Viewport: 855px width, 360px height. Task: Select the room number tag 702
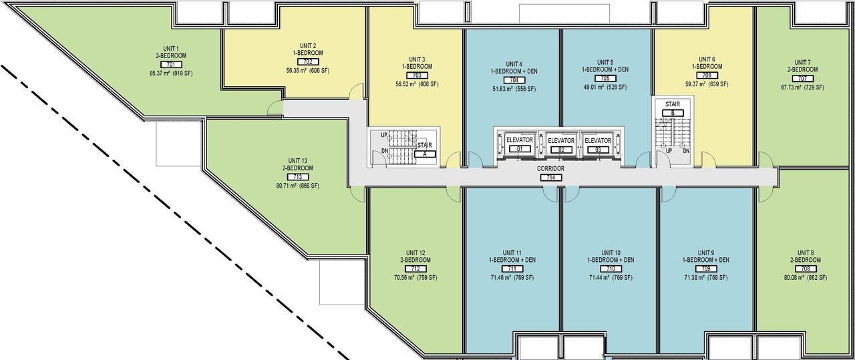[307, 61]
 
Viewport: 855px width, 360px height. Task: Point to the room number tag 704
[514, 79]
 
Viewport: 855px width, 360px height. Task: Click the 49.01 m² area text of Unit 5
[605, 87]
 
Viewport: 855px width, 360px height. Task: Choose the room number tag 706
[707, 75]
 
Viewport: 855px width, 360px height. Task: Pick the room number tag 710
[611, 268]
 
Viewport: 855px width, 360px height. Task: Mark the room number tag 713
[297, 177]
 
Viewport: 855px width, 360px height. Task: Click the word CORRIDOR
[551, 169]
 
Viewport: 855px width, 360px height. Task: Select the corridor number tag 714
[551, 178]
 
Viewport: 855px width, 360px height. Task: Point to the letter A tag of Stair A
[424, 153]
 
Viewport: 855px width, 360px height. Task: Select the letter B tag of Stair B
[672, 113]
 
